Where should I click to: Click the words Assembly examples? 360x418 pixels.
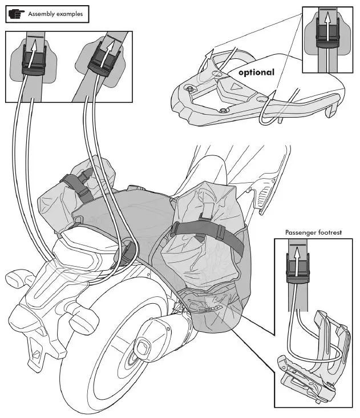point(56,12)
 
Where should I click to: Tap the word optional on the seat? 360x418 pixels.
point(256,73)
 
